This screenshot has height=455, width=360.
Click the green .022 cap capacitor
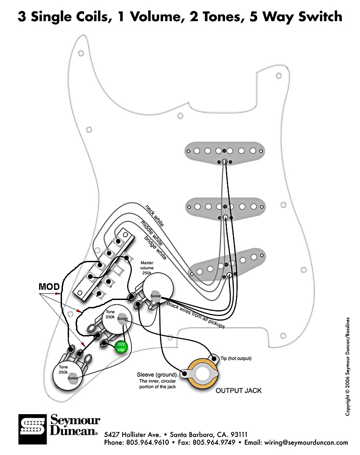tap(120, 347)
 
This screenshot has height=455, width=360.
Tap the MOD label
tap(49, 287)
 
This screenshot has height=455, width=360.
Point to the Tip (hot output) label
tap(236, 358)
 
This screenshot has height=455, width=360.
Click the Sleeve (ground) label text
tap(156, 375)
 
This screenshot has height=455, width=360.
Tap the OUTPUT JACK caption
tap(238, 390)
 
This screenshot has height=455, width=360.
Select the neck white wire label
tap(154, 216)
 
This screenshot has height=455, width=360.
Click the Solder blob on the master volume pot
tap(155, 296)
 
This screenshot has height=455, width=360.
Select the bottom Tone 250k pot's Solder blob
tap(73, 378)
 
